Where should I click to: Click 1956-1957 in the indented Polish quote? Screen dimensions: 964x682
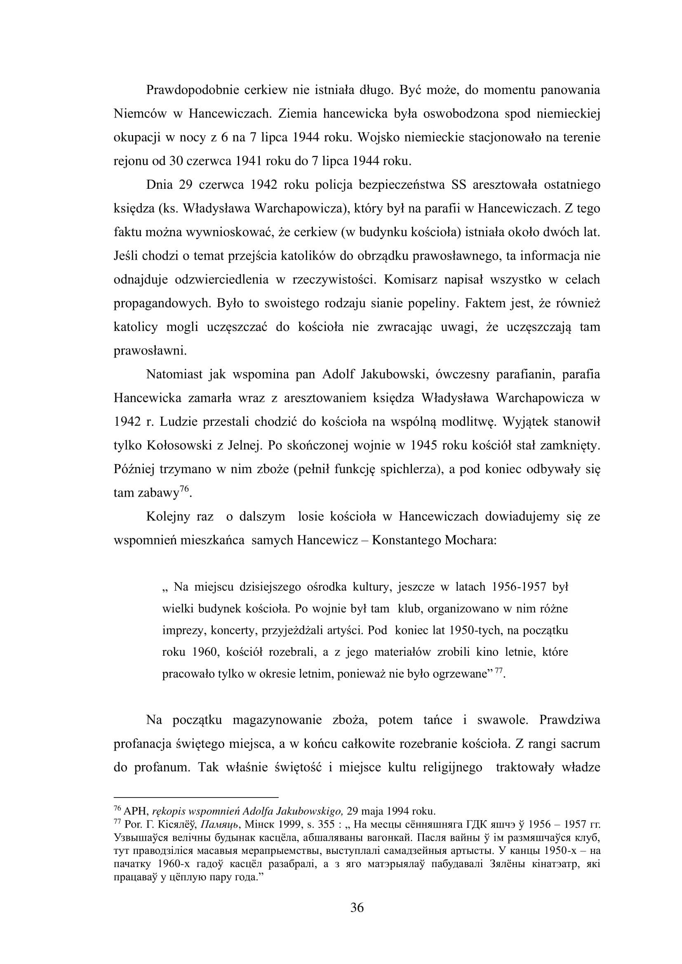pos(519,586)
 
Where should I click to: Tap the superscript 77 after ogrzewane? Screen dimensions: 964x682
pos(499,671)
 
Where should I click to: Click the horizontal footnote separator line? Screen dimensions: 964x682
pos(196,797)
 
